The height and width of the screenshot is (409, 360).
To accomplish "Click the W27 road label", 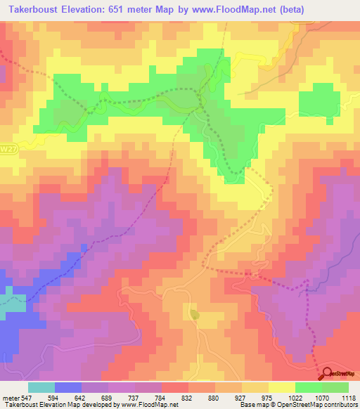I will coord(8,150).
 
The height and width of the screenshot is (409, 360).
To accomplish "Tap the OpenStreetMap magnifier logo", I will coord(326,373).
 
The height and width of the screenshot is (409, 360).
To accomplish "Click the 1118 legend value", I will coord(347,398).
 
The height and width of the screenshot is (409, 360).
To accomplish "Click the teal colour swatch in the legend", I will coord(41,387).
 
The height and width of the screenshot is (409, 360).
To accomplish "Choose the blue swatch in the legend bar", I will coord(68,387).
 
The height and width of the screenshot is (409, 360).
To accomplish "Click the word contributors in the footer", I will coord(340,405).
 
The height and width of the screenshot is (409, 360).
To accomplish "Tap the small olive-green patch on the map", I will coord(195,315).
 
